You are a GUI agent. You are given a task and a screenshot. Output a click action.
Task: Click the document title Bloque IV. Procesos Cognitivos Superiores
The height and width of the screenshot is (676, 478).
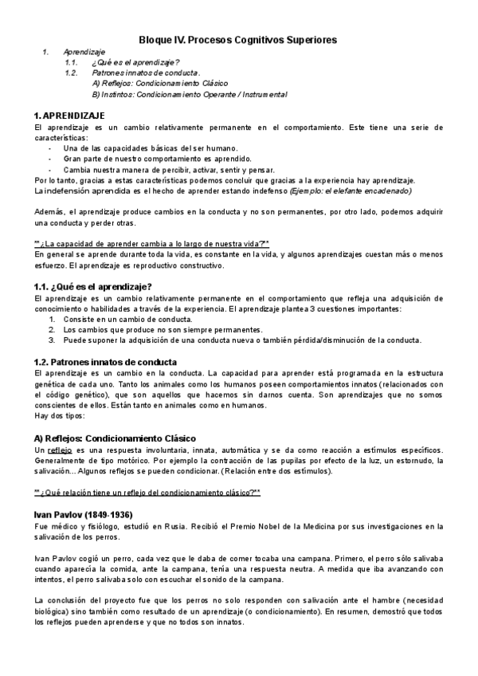click(238, 38)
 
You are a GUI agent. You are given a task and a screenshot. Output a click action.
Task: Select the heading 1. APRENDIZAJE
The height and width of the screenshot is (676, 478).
click(71, 116)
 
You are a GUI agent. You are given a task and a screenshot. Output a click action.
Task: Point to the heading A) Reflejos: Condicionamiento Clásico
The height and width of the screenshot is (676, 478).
click(115, 438)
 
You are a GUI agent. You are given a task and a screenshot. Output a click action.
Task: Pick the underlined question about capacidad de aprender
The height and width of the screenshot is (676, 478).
click(152, 243)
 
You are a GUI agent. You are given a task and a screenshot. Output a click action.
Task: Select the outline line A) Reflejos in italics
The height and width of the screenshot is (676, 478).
click(160, 83)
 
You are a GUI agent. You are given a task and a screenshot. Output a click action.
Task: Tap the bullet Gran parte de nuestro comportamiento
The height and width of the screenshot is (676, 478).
click(149, 159)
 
